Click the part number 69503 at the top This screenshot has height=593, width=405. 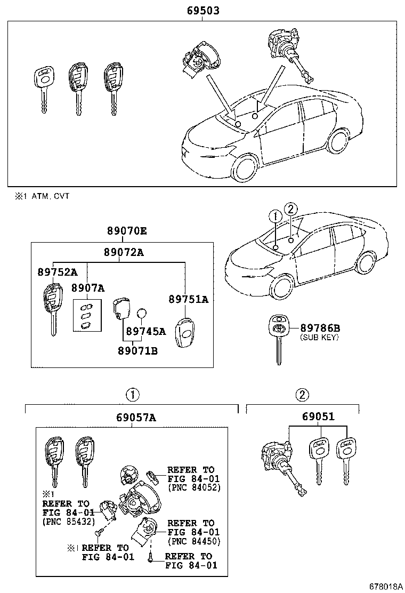[203, 11]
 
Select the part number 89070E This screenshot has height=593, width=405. [126, 231]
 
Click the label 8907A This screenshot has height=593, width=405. [87, 288]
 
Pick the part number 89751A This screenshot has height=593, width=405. [189, 299]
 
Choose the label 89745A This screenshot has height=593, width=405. [145, 331]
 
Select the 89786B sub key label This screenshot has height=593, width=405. [320, 327]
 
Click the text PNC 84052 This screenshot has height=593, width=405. [194, 487]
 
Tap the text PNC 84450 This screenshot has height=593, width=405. [194, 541]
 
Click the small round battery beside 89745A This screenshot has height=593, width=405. [142, 314]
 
